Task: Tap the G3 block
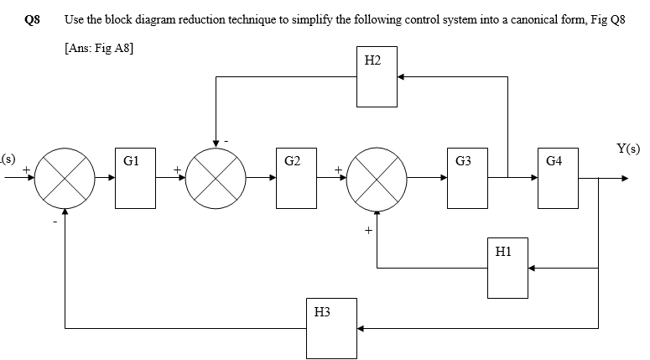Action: [466, 179]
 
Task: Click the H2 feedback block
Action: [376, 77]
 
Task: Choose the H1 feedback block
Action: [507, 268]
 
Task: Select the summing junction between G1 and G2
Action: [216, 179]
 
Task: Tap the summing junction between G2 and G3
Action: [377, 179]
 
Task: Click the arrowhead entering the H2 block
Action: [400, 77]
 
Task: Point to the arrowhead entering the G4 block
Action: [533, 179]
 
